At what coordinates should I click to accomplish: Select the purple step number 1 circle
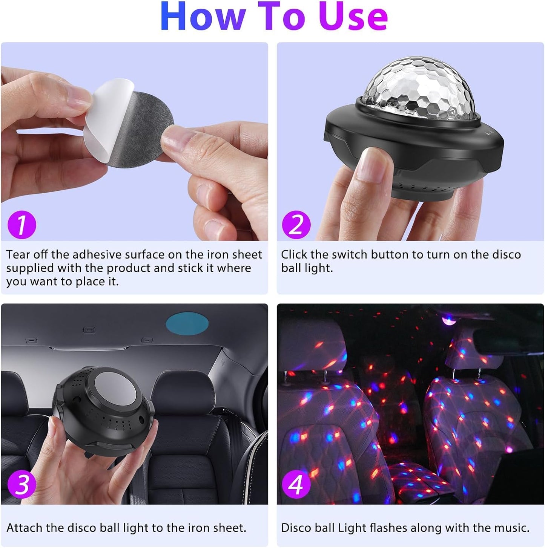[22, 225]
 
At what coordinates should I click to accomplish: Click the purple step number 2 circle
[296, 225]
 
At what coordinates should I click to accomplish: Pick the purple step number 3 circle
[22, 484]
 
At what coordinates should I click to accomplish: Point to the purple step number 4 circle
[296, 484]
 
